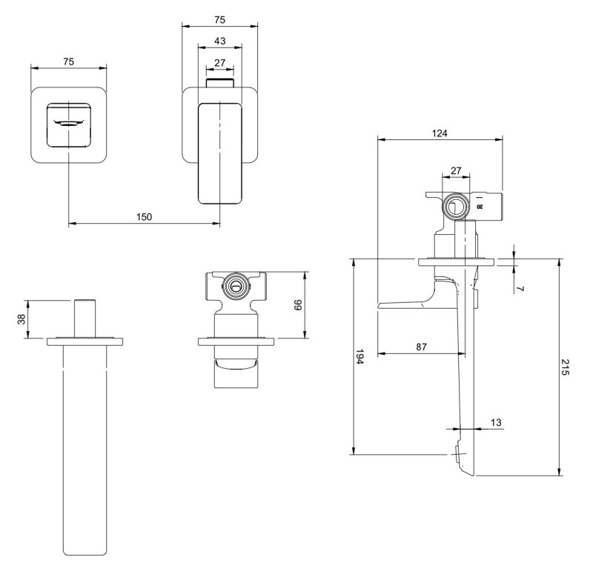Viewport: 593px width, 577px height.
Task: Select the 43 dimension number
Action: (219, 40)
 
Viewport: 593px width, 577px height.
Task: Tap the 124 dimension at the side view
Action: (440, 133)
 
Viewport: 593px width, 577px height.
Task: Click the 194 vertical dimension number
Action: (360, 357)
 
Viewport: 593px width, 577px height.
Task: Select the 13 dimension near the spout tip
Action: (496, 422)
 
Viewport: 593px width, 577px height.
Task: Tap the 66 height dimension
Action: (299, 304)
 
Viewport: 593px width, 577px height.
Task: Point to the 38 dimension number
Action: (21, 318)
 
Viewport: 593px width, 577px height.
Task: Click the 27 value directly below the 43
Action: (219, 63)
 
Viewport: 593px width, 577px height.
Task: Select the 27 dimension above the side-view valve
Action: (455, 170)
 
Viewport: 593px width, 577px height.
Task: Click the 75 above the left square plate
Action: (68, 62)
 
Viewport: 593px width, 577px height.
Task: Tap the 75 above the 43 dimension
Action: (219, 18)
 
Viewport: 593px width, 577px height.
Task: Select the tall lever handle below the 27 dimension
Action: (220, 152)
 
